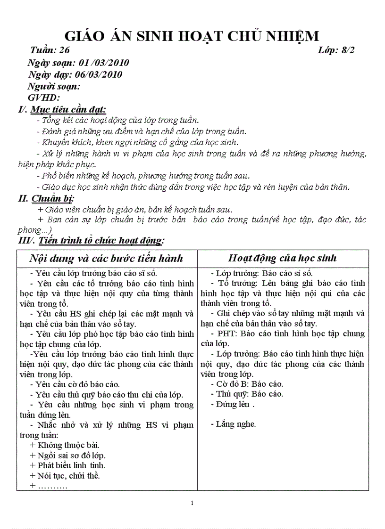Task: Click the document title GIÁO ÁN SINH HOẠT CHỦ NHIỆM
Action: [x=192, y=36]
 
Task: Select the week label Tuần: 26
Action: [x=50, y=50]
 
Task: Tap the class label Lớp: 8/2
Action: [x=336, y=50]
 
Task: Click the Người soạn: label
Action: [x=54, y=86]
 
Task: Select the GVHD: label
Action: [x=44, y=98]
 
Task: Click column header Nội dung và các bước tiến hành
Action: [x=106, y=258]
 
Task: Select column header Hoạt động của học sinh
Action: [x=282, y=258]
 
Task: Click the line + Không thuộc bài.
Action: [x=64, y=445]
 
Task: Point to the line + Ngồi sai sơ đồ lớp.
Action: [x=67, y=456]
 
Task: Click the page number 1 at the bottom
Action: [x=192, y=503]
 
